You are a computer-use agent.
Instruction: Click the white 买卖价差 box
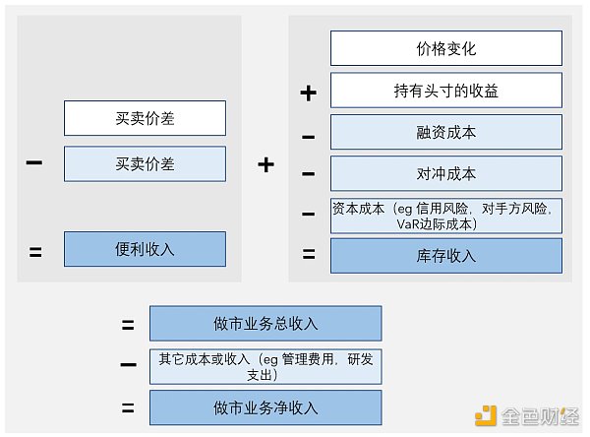(145, 118)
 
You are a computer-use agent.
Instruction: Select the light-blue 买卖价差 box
(145, 164)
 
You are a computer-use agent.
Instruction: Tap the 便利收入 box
(145, 249)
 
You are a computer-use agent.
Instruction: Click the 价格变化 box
(445, 48)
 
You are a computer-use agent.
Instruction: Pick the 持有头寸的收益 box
(445, 91)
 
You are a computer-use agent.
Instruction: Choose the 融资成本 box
(445, 132)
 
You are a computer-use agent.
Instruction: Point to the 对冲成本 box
(445, 173)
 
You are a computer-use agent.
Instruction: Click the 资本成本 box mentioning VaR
(445, 216)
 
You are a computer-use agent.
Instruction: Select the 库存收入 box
(445, 256)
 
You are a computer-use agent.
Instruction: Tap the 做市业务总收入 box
(265, 324)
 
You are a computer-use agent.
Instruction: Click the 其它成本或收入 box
(265, 366)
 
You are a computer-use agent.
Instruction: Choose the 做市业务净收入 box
(265, 407)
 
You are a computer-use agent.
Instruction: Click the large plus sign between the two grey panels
(265, 164)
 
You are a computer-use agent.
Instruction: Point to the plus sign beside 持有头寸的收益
(308, 94)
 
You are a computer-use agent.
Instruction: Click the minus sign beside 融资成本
(308, 135)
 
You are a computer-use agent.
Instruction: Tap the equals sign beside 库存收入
(308, 255)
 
